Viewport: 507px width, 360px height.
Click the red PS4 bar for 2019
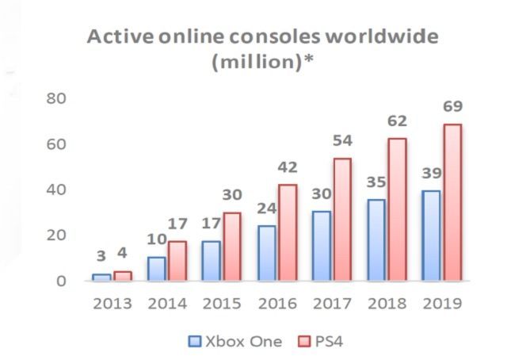[x=452, y=202]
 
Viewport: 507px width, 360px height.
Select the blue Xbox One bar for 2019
[x=430, y=236]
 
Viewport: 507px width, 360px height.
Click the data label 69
[x=452, y=105]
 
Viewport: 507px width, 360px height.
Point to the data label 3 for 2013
[x=101, y=255]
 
